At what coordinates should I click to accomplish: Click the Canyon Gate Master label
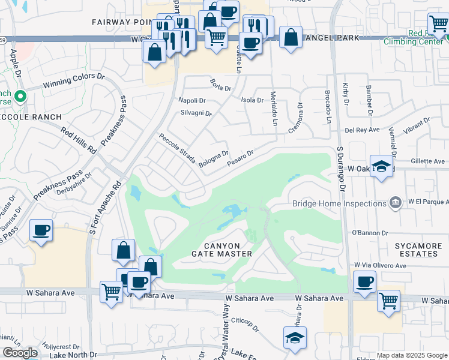coord(221,250)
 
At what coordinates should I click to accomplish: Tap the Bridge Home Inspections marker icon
coord(395,203)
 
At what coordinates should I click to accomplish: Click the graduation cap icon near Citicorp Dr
coord(295,337)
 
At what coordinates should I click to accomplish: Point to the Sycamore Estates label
coord(419,250)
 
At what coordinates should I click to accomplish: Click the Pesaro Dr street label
coord(241,158)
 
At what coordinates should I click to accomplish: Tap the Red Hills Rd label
coord(78,139)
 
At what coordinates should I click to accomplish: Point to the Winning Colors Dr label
coord(76,80)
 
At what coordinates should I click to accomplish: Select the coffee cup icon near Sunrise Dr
coord(41,230)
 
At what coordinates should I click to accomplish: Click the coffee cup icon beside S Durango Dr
coord(364,282)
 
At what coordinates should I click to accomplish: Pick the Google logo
coord(20,353)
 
